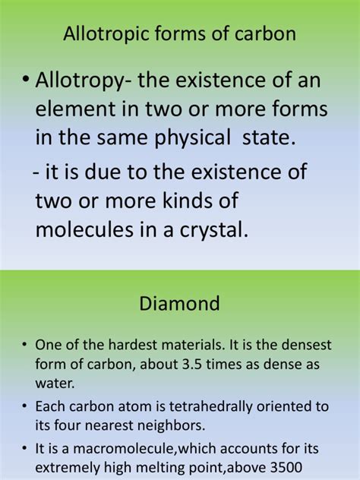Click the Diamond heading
(180, 304)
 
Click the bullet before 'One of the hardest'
(26, 342)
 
